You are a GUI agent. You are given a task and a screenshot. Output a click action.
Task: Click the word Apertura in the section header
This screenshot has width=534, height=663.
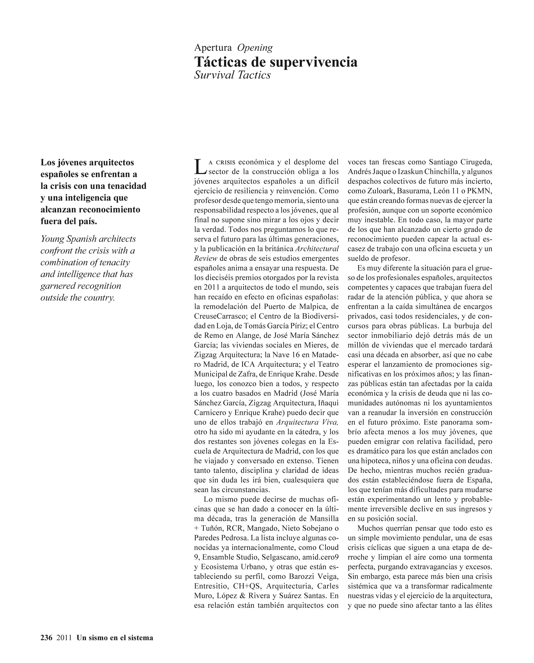[x=213, y=48]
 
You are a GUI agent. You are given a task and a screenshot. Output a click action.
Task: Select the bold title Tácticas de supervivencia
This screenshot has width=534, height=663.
[x=276, y=62]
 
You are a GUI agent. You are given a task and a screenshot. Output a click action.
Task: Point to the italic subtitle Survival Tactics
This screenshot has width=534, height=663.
[x=232, y=75]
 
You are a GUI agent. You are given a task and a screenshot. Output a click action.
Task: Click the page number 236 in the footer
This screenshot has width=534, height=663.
[x=47, y=638]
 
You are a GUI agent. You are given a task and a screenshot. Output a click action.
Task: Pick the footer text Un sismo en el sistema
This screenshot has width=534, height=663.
[x=115, y=638]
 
